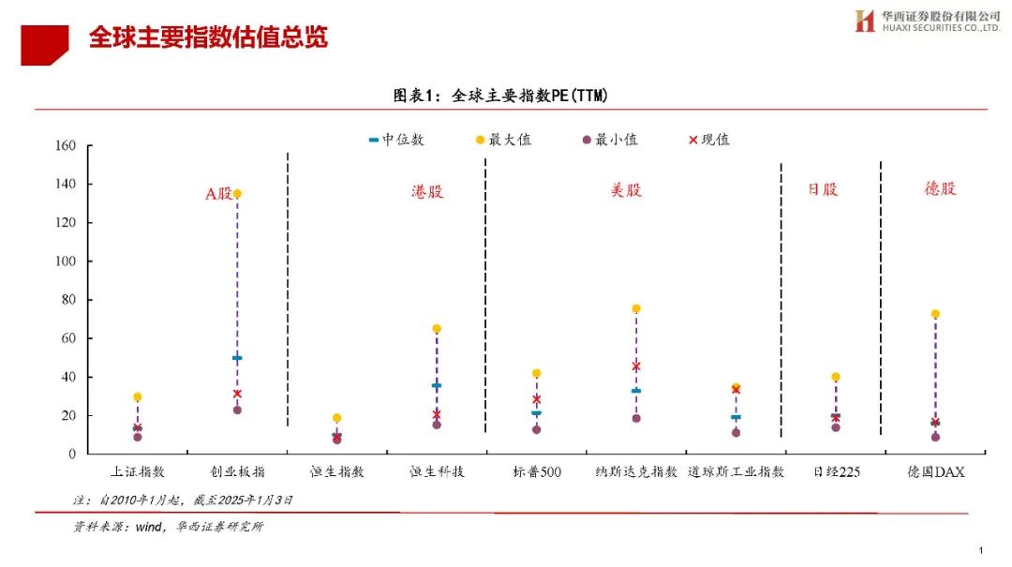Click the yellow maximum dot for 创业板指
click(x=237, y=194)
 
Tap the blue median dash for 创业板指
click(x=237, y=358)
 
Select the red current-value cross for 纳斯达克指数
click(x=636, y=366)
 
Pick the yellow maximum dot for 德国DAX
click(x=935, y=314)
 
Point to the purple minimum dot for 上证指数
click(x=138, y=437)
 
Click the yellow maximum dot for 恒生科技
click(x=437, y=329)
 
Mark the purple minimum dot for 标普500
click(x=536, y=429)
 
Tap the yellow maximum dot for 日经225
click(x=836, y=377)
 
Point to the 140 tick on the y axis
click(x=66, y=185)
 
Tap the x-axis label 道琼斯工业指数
click(x=736, y=471)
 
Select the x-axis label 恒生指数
click(x=336, y=471)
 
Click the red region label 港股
click(x=427, y=191)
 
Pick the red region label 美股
click(x=626, y=189)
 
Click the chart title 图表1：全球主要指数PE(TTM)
click(x=507, y=95)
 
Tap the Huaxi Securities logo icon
click(x=864, y=21)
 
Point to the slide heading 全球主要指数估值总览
click(x=208, y=37)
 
